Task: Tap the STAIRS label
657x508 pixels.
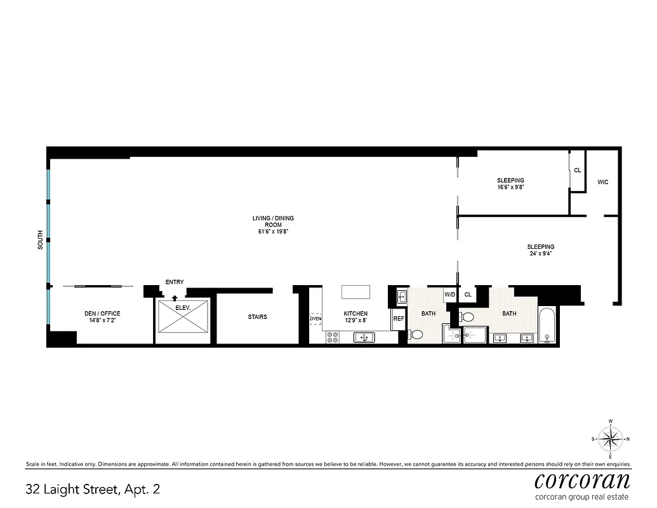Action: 257,317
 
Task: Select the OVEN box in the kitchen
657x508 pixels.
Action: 316,319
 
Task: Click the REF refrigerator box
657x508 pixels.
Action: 399,319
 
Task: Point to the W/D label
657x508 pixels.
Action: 449,295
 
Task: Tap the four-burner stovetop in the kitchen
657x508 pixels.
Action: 333,337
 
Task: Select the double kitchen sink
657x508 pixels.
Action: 364,337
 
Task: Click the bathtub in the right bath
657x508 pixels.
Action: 547,326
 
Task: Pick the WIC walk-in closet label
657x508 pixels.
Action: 603,182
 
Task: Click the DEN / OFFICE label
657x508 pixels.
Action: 102,317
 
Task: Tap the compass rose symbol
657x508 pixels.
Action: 610,438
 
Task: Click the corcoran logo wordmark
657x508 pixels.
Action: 582,479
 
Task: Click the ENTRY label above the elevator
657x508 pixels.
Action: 175,282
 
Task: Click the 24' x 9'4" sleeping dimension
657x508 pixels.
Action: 540,254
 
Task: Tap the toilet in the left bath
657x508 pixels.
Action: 416,334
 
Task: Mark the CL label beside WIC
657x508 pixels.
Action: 577,170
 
